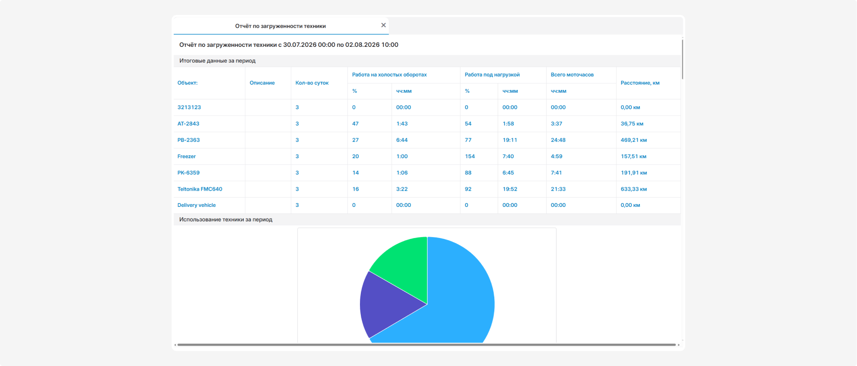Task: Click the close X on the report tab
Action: point(384,25)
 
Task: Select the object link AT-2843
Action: point(188,124)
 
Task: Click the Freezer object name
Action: point(187,156)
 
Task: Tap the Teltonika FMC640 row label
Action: point(200,189)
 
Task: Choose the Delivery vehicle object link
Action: point(196,205)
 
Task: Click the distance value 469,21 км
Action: point(634,140)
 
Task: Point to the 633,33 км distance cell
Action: point(634,189)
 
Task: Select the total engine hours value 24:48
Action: point(558,140)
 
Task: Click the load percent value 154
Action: point(470,156)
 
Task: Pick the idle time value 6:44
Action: point(402,140)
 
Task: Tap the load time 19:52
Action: point(510,189)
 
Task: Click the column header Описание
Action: point(262,83)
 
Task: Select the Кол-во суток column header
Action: point(312,83)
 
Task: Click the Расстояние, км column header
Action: point(640,83)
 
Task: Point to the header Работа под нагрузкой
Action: point(492,75)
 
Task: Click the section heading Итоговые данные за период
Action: point(217,61)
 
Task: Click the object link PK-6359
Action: point(189,173)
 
